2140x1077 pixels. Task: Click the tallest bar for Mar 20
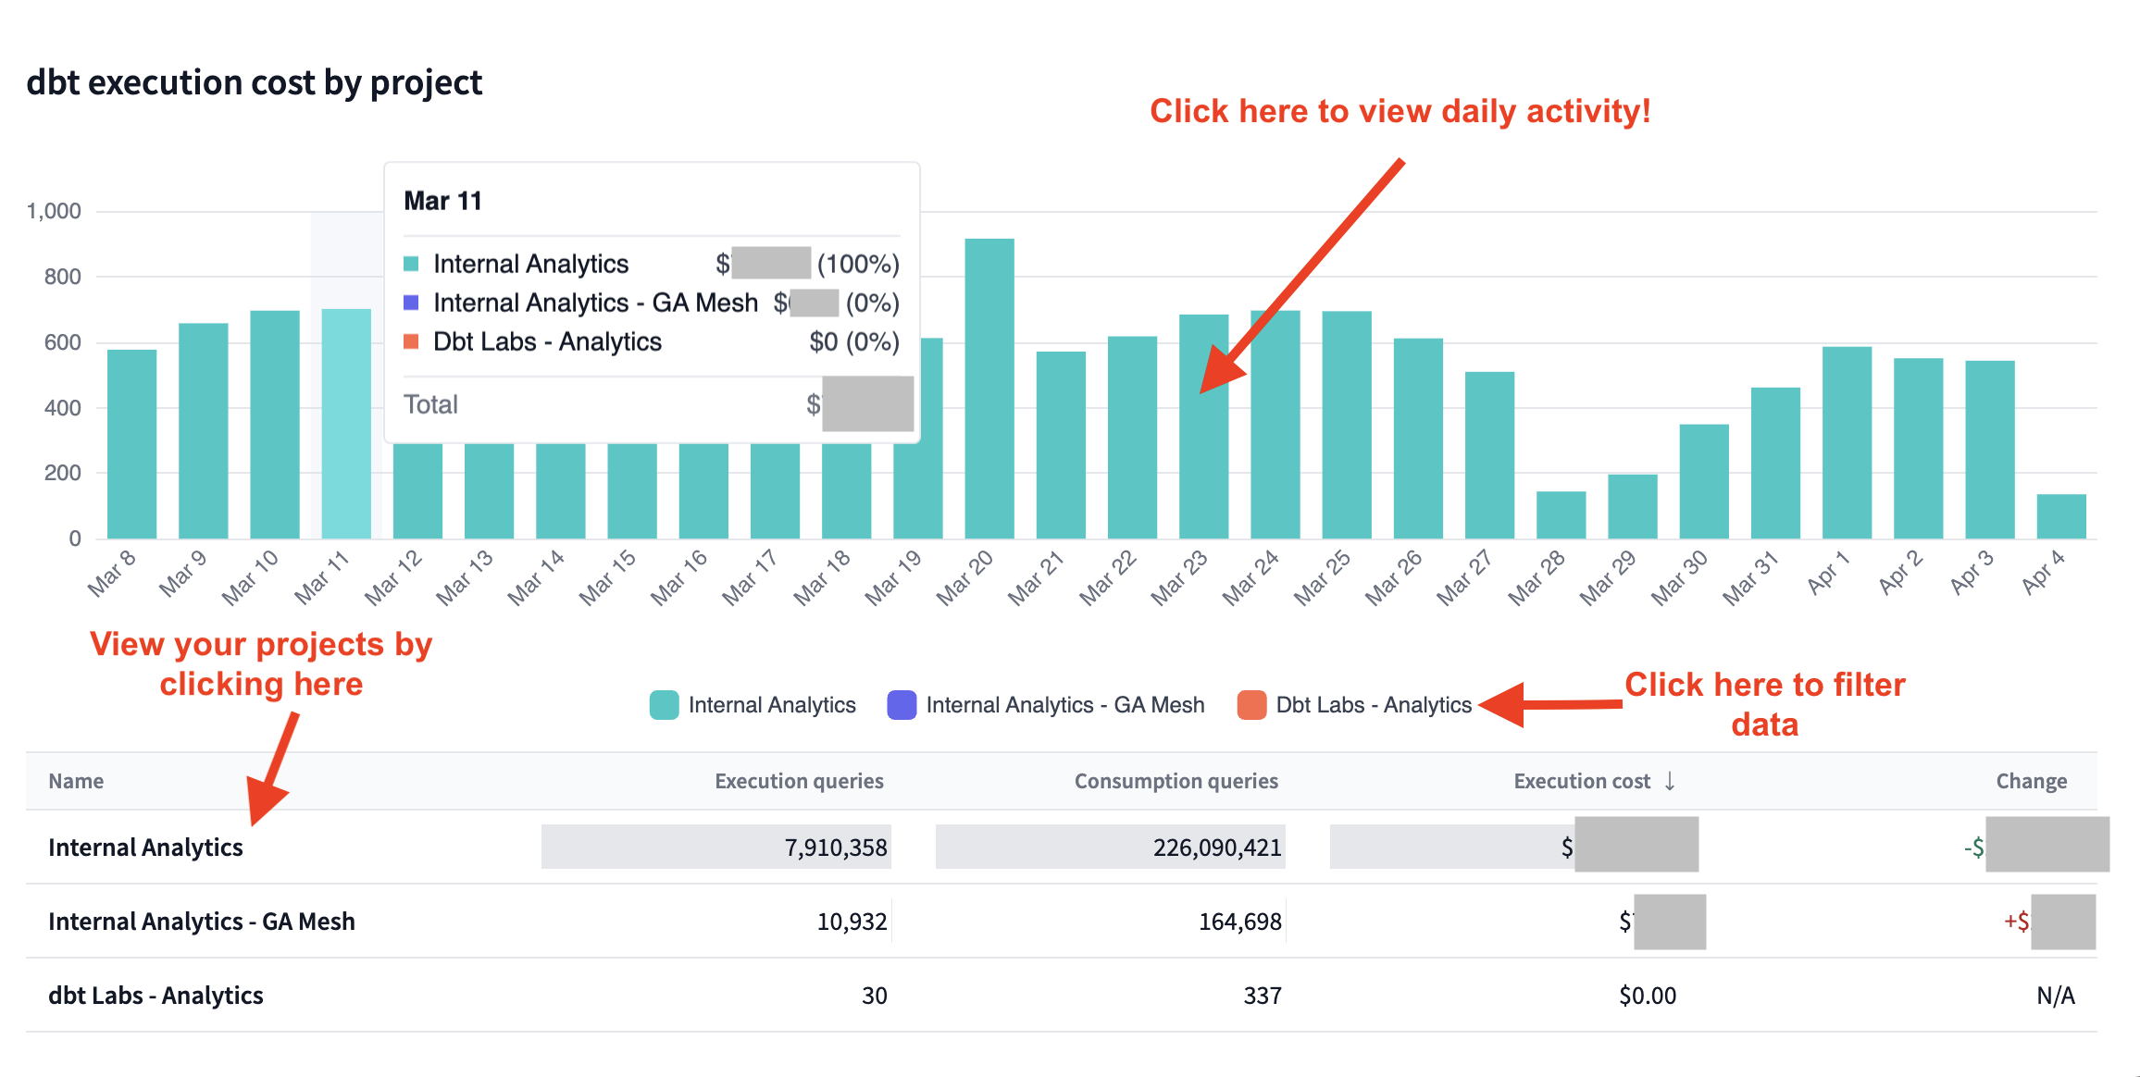point(989,389)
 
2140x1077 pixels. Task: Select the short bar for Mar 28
point(1561,514)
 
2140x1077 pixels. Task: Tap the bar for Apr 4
point(2061,516)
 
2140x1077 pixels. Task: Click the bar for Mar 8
point(131,444)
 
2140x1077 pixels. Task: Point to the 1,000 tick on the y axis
point(54,211)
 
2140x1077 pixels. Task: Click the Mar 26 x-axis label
point(1393,578)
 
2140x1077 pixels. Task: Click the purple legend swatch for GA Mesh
point(902,705)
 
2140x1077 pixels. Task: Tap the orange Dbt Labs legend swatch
point(1251,705)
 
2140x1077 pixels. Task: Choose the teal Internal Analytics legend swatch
point(664,705)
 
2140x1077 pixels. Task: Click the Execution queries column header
point(799,781)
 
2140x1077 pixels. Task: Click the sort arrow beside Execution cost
point(1670,781)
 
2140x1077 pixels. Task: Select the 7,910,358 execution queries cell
point(835,848)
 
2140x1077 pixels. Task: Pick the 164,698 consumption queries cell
point(1239,922)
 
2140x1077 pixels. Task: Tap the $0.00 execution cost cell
point(1647,996)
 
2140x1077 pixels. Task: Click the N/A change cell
point(2055,996)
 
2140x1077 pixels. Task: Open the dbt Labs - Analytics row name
point(156,996)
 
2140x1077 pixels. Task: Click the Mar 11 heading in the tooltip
point(442,201)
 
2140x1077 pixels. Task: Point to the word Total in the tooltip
point(430,404)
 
